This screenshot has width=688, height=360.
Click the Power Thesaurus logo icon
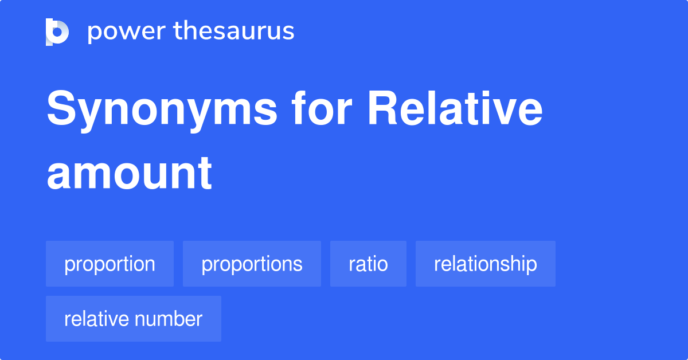pos(57,32)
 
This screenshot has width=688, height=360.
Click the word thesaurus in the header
pos(234,32)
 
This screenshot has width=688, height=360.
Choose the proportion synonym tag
pos(110,264)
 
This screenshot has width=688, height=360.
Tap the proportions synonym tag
pos(252,264)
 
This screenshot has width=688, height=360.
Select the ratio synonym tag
pos(368,264)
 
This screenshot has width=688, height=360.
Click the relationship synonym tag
pos(485,264)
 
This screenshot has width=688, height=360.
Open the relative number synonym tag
pos(133,319)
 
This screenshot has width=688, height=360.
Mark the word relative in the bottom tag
pos(97,319)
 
